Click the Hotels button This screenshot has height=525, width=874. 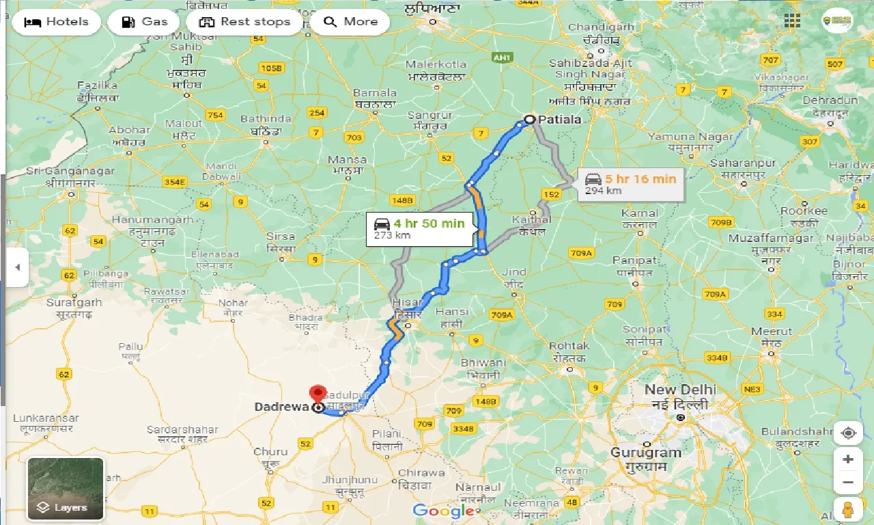coord(56,22)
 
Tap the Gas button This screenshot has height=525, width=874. coord(144,22)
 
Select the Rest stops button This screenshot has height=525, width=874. coord(244,22)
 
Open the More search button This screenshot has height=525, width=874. coord(350,22)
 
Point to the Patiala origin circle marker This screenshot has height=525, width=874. coord(529,120)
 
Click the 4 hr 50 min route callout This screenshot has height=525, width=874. coord(419,228)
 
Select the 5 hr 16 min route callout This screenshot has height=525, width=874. coord(631,184)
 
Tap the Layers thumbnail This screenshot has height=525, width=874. coord(66,488)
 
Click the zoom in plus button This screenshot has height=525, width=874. coord(848,459)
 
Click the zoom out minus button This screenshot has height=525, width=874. coord(848,482)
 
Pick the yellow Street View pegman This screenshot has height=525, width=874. coord(848,510)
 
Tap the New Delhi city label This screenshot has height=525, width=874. coord(680,390)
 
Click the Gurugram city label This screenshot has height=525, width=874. coord(646,453)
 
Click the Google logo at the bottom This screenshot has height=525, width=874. coord(443,511)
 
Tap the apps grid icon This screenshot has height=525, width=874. coord(792,21)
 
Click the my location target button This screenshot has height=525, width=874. coord(848,433)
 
